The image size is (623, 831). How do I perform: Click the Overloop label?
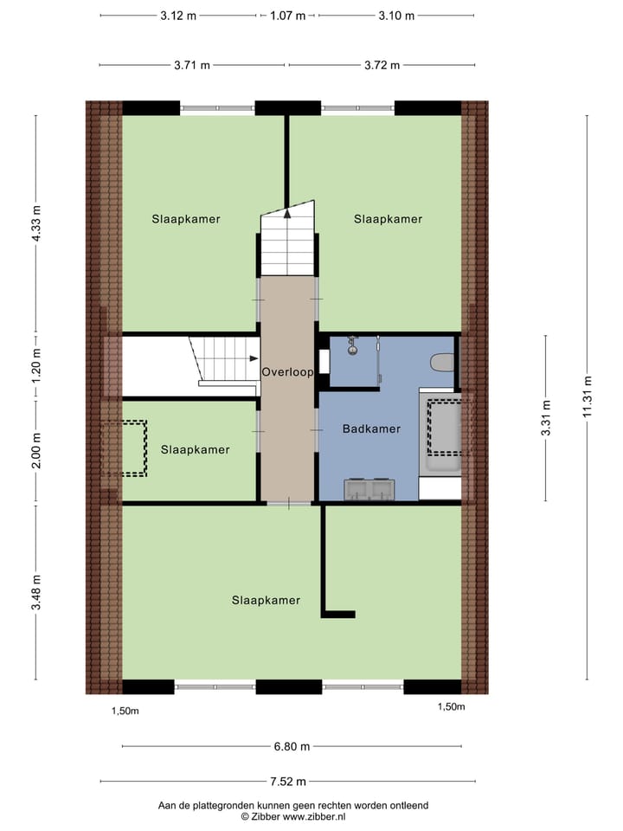[x=286, y=371]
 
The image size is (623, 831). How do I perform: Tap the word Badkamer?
[x=371, y=428]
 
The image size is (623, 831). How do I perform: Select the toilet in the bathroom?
[x=443, y=363]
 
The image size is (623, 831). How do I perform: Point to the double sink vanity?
[x=370, y=490]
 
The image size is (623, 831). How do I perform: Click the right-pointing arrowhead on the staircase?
[x=254, y=358]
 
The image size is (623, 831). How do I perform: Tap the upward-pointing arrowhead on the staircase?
[x=286, y=216]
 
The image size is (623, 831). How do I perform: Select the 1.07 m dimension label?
[x=287, y=16]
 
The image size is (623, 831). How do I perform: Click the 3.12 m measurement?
[x=177, y=16]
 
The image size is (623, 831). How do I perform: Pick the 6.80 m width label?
[x=292, y=746]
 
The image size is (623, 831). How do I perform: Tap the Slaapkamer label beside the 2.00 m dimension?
[x=195, y=449]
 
